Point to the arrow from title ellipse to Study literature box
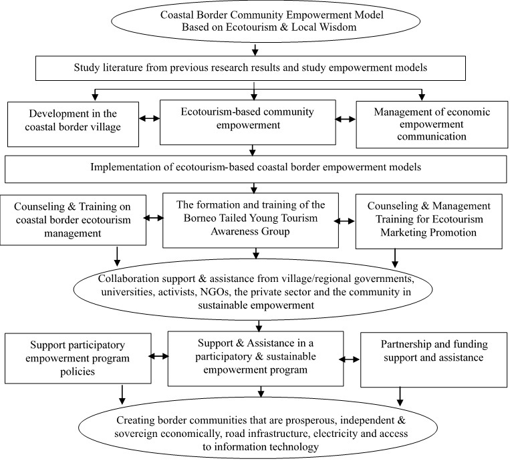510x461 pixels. pyautogui.click(x=255, y=49)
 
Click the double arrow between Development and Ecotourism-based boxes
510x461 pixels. pyautogui.click(x=149, y=118)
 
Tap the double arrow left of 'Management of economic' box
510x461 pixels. pyautogui.click(x=346, y=120)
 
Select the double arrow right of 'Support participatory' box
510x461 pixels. pyautogui.click(x=158, y=356)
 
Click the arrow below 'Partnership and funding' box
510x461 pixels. pyautogui.click(x=400, y=396)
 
